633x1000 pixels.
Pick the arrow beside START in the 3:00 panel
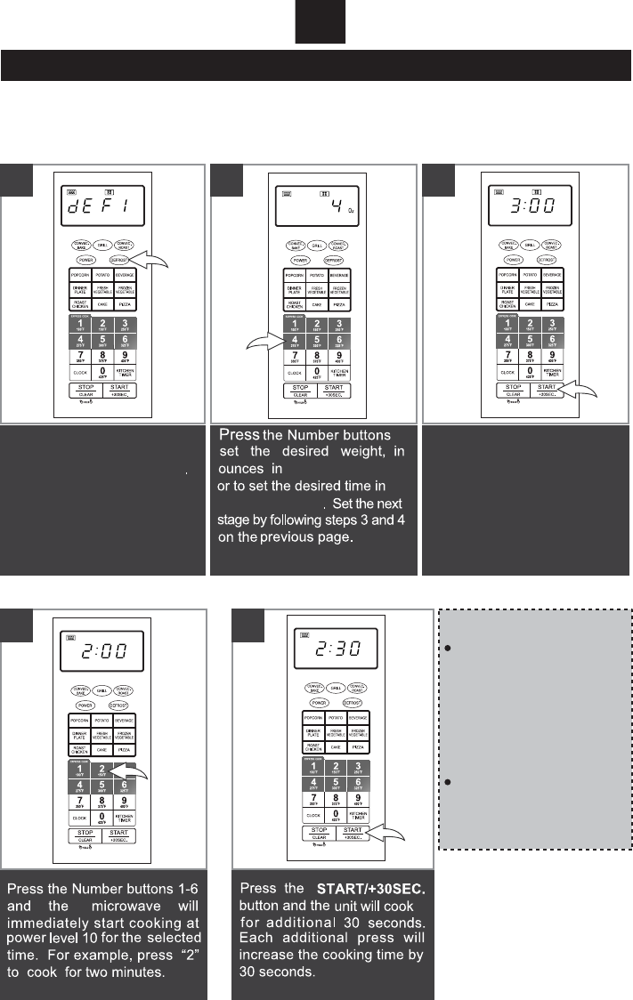580,389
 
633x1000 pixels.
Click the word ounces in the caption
242,468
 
